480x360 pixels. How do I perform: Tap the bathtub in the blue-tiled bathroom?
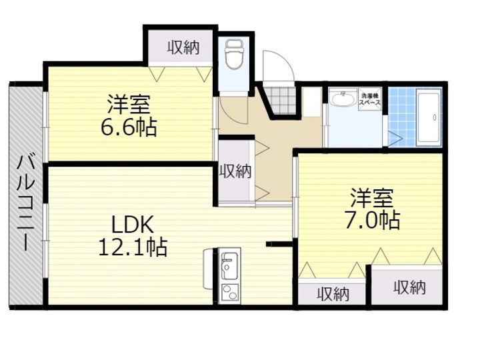click(x=429, y=117)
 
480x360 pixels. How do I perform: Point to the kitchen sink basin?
click(x=229, y=265)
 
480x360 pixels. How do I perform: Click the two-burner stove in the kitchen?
click(x=230, y=293)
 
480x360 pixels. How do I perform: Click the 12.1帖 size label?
click(x=133, y=247)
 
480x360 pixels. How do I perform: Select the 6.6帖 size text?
click(x=129, y=127)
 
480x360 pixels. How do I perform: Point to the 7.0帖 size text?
click(x=373, y=220)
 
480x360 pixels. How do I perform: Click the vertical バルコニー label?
click(x=26, y=203)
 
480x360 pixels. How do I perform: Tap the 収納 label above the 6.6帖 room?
click(x=184, y=48)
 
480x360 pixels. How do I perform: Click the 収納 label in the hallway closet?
click(x=236, y=171)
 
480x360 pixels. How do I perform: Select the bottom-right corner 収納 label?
click(x=410, y=287)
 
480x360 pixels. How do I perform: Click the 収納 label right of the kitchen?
click(x=333, y=295)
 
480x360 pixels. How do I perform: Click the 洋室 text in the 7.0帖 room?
click(x=372, y=198)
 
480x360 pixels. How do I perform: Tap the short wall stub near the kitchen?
click(x=279, y=244)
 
